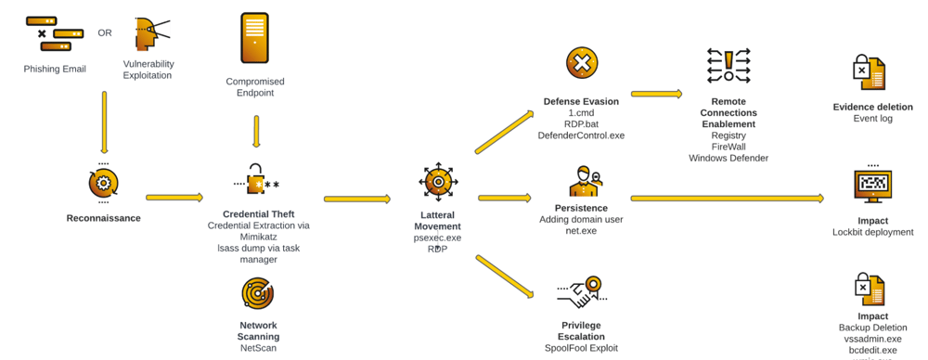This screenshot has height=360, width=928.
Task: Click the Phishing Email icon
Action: tap(54, 32)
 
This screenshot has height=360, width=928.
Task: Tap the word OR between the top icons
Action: tap(105, 33)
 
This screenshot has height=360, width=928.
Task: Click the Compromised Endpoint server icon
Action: tap(254, 38)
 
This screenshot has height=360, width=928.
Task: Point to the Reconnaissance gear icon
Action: tap(103, 184)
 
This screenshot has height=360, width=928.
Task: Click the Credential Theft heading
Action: tap(258, 214)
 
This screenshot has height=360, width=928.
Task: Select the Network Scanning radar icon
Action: tap(257, 293)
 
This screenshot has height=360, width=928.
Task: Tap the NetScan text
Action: tap(258, 348)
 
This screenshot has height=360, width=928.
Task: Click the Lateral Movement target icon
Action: tap(437, 183)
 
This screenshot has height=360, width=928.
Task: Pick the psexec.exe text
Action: tap(437, 238)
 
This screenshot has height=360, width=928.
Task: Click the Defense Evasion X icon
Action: tap(581, 63)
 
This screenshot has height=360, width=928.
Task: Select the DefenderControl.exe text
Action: tap(581, 135)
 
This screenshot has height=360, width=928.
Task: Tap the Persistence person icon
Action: tap(584, 181)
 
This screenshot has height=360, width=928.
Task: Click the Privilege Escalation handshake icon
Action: tap(582, 293)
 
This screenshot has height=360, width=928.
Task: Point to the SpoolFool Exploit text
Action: tap(581, 348)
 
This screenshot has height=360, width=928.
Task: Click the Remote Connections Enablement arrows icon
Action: tap(728, 67)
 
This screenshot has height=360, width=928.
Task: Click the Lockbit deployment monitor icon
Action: tap(872, 186)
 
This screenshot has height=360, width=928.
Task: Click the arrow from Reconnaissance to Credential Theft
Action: tap(174, 198)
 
